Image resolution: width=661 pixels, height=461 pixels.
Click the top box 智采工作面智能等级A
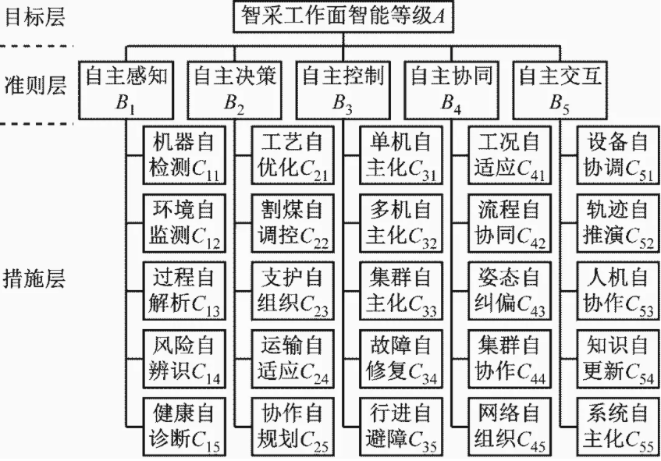tap(343, 16)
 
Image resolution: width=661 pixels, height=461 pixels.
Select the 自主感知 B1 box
tap(126, 90)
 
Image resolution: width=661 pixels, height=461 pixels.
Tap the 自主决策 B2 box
tap(234, 90)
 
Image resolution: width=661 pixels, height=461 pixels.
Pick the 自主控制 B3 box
tap(343, 90)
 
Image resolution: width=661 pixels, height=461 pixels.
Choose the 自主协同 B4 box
tap(452, 90)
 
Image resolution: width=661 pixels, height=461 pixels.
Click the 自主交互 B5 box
tap(560, 90)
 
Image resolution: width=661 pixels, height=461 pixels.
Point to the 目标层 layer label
tap(34, 18)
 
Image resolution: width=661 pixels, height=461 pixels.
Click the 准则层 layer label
tap(34, 86)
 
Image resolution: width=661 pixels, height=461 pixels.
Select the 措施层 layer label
tap(34, 279)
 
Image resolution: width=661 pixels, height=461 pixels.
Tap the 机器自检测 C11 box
tap(184, 155)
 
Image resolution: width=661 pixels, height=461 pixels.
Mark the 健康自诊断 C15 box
tap(184, 427)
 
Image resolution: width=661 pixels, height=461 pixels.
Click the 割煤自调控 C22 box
tap(293, 223)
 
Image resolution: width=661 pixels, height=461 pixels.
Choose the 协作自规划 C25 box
tap(293, 427)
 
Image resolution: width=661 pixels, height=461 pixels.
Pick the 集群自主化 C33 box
tap(401, 291)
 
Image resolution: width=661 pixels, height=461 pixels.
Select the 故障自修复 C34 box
tap(401, 359)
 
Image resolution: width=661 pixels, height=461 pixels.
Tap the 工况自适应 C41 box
tap(510, 155)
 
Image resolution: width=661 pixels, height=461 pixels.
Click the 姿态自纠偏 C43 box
tap(510, 291)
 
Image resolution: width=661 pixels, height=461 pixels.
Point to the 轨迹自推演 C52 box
tap(618, 223)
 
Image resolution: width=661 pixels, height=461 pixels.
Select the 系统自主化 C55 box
tap(618, 427)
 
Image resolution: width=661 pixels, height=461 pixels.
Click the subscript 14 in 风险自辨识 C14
tap(213, 378)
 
